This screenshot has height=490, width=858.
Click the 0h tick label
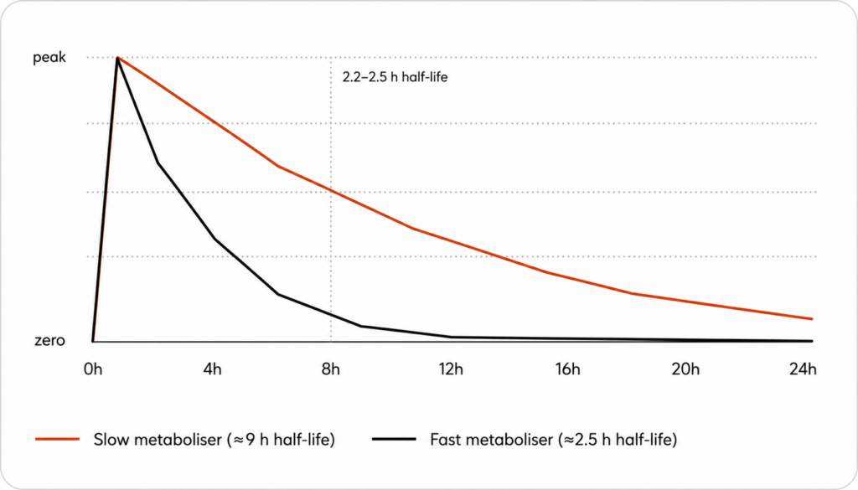93,369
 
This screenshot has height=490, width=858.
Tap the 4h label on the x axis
212,369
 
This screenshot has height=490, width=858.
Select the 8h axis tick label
330,369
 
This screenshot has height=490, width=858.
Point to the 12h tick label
451,369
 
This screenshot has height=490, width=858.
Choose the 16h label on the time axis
568,369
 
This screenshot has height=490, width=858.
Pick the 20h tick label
685,369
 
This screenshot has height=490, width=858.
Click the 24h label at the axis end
803,369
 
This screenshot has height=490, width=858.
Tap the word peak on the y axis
49,58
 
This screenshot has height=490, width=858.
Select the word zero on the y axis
49,341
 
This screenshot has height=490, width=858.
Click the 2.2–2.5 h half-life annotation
395,78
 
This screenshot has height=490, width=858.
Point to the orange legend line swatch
58,439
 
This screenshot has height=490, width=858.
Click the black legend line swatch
394,439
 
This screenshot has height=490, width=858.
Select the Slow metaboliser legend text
214,440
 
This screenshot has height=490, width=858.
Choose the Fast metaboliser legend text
554,440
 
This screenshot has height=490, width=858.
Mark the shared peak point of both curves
117,58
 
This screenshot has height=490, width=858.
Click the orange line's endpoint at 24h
812,319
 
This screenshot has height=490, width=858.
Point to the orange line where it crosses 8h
330,190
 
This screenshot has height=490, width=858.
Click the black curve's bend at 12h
452,337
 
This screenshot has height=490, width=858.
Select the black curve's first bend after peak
158,163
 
